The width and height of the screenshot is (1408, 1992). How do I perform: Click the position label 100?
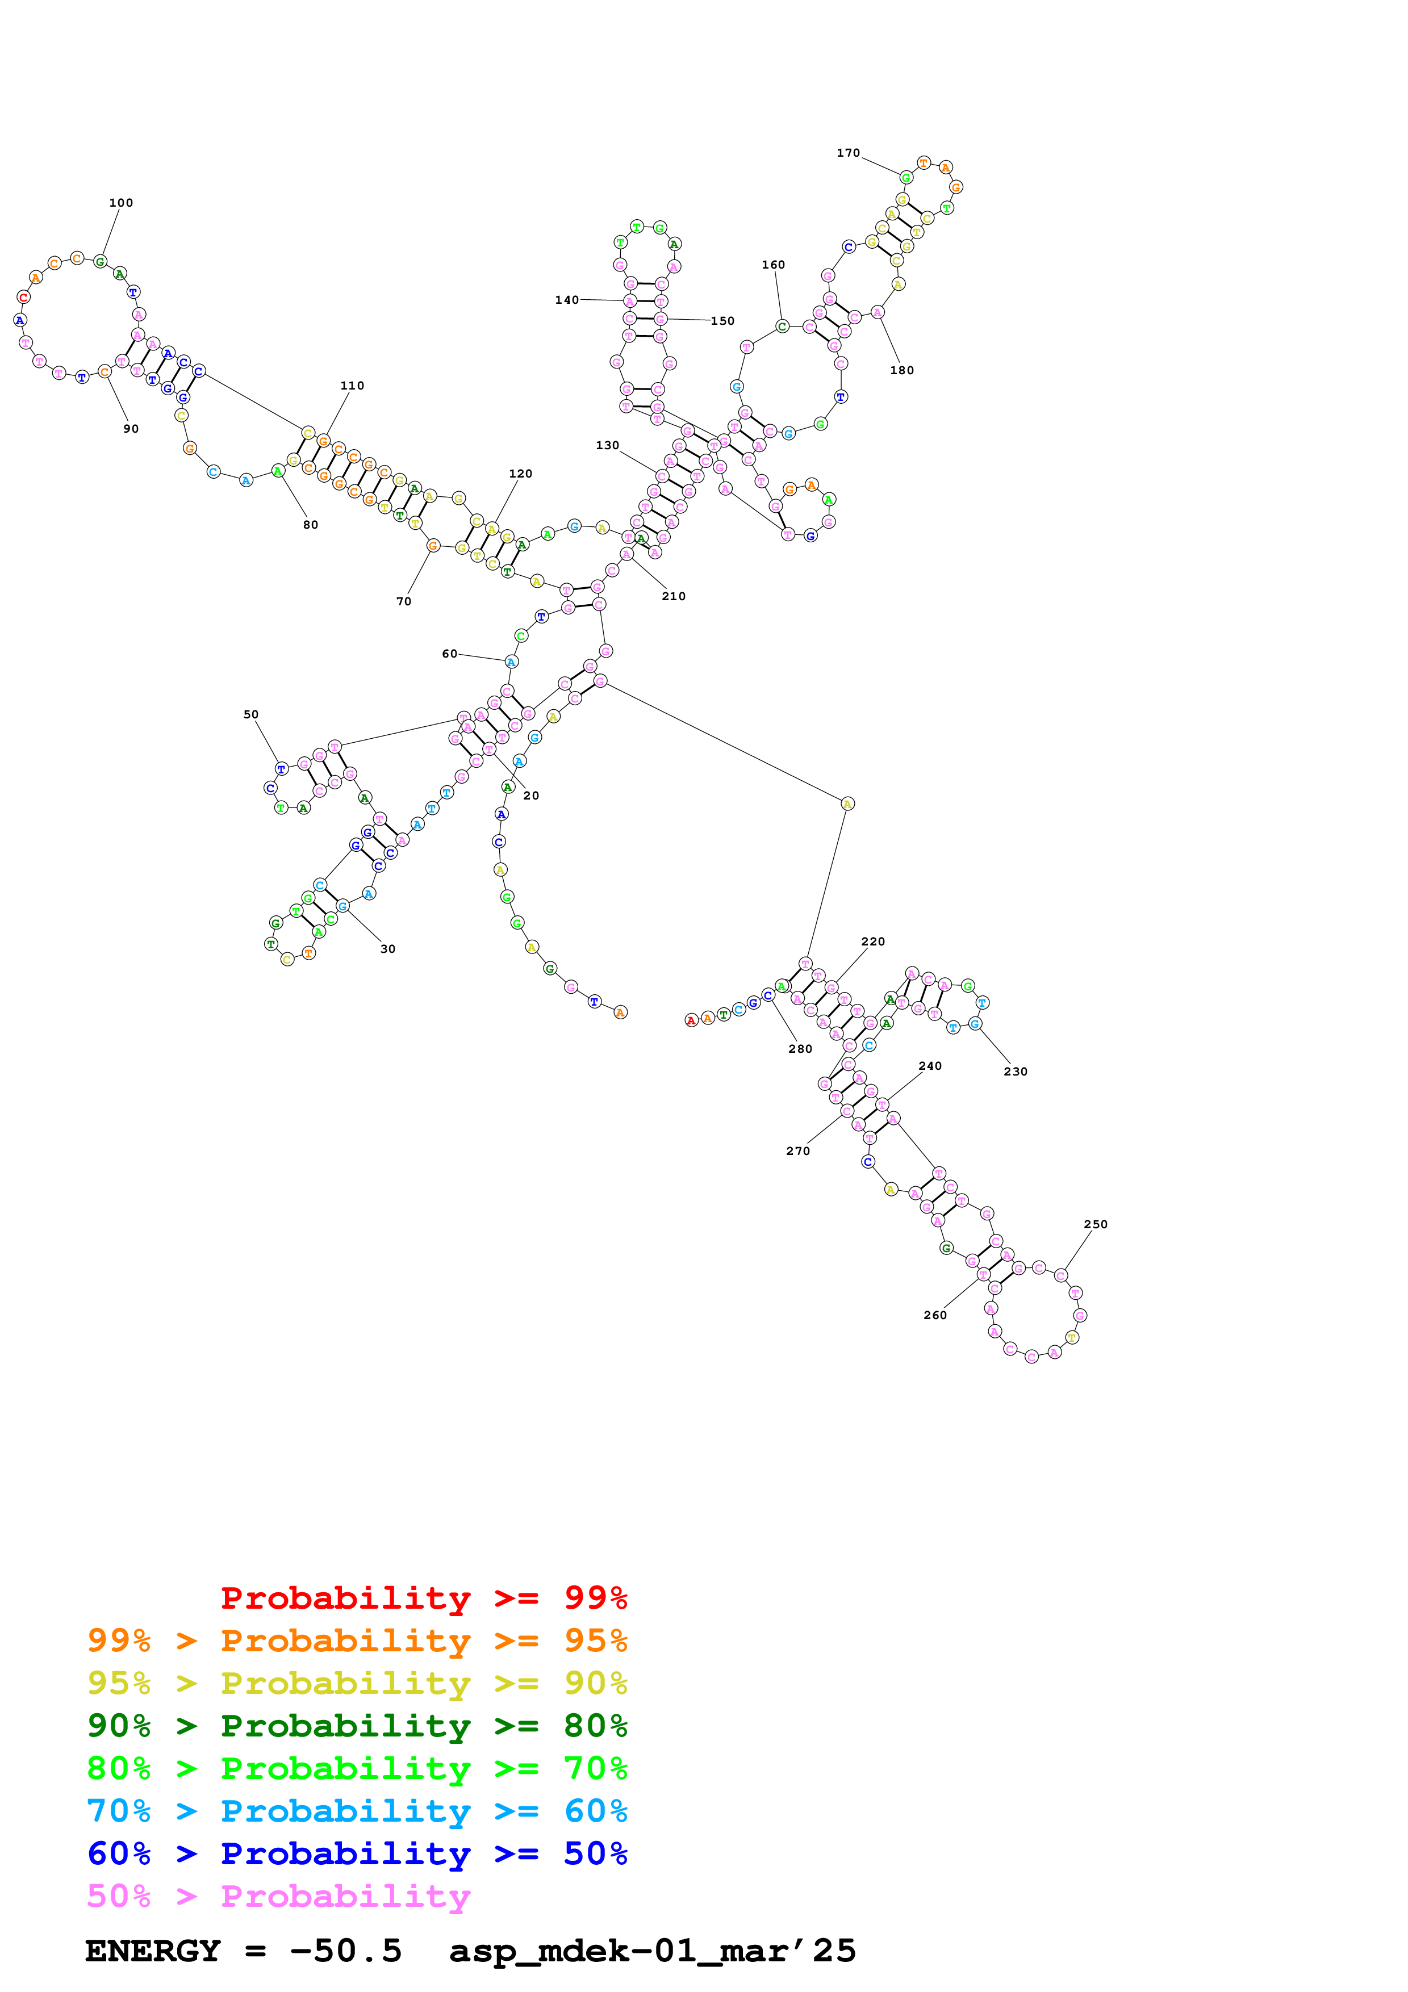pos(120,203)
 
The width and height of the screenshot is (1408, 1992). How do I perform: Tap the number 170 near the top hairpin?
pos(847,153)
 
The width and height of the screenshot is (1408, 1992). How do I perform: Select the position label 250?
pos(1095,1224)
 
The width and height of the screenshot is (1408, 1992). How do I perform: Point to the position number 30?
pos(388,949)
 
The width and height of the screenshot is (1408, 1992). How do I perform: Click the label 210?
pos(673,596)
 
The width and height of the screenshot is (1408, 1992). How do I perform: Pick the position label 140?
pos(566,300)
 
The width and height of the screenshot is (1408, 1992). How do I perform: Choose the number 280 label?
pos(800,1049)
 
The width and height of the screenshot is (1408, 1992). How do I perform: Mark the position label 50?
pos(250,715)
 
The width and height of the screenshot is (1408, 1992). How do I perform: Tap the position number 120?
pos(520,474)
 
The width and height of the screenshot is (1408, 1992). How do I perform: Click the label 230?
pos(1015,1072)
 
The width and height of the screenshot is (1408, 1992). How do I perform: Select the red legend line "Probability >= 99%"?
pos(423,1598)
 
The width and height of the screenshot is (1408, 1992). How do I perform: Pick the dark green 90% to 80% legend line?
pos(357,1726)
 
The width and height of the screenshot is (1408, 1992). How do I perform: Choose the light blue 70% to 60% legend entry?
pos(357,1811)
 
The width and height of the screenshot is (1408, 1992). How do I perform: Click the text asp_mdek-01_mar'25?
pos(653,1951)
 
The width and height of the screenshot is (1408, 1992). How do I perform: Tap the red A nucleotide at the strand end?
pos(691,1020)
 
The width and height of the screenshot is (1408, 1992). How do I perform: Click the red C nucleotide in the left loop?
pos(23,298)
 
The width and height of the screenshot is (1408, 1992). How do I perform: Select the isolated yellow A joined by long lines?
pos(847,804)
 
